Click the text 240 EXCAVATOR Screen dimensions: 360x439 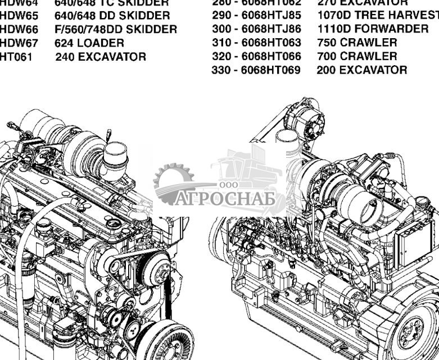[x=100, y=57]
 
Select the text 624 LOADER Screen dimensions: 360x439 [x=89, y=43]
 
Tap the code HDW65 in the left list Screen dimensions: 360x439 [x=19, y=16]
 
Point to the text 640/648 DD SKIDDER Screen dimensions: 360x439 [x=112, y=16]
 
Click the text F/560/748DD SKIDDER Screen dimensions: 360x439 [x=115, y=29]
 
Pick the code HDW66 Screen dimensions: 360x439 [x=19, y=29]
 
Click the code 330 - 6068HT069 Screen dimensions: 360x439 [x=256, y=70]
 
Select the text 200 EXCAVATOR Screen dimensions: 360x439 [x=362, y=70]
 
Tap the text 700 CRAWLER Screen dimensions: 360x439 [x=357, y=56]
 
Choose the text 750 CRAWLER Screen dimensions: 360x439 [x=357, y=43]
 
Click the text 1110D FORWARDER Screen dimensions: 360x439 [x=373, y=29]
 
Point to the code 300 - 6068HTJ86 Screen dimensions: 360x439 [x=256, y=29]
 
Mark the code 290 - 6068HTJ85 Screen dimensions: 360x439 [x=256, y=15]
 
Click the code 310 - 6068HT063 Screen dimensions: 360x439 [x=256, y=43]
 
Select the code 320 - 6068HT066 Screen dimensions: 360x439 [x=256, y=56]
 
